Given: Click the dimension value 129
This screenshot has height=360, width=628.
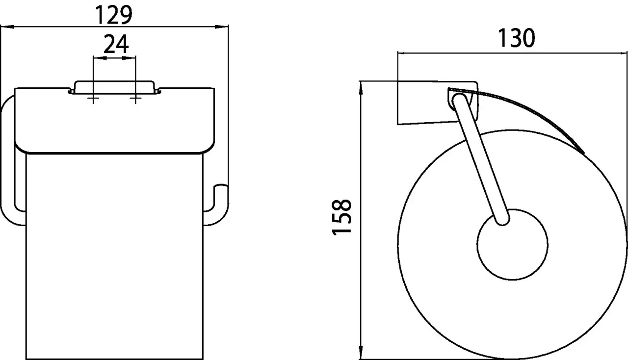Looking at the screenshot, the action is [x=114, y=15].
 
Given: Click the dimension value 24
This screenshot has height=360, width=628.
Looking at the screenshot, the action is [x=116, y=44].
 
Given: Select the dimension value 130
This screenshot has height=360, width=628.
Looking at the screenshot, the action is [x=517, y=38].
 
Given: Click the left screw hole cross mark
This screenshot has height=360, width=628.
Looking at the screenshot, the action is [x=93, y=99].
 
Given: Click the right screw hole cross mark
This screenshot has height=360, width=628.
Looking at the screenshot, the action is [x=135, y=99].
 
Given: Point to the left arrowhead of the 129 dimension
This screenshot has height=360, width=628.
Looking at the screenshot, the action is [x=7, y=27].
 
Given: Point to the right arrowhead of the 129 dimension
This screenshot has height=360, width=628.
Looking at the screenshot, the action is [x=221, y=27].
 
